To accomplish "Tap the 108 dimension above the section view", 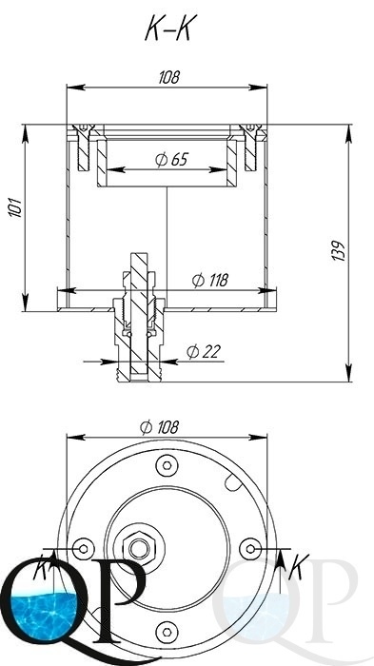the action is [169, 77].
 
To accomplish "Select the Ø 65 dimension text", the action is [171, 159].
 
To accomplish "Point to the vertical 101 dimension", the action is [16, 207].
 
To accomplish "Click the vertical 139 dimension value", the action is [338, 250].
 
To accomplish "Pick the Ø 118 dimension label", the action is [210, 281].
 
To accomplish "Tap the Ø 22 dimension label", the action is [203, 352].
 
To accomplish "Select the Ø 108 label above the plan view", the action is [160, 427].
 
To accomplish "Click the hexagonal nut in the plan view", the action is [139, 548].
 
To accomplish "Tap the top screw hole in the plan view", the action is [167, 465].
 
